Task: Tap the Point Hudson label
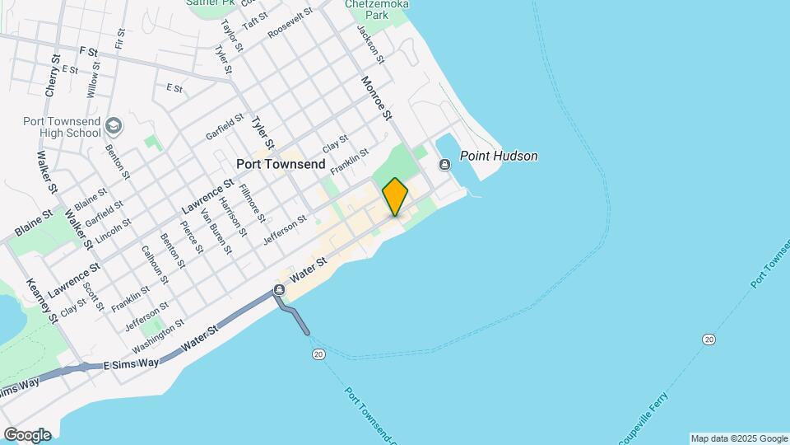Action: (499, 156)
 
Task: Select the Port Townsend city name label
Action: (281, 164)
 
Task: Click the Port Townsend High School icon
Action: (114, 126)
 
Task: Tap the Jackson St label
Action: (370, 43)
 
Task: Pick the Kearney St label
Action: (40, 300)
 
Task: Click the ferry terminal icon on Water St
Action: (280, 290)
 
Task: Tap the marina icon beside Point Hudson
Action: (445, 165)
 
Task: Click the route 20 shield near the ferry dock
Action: (319, 354)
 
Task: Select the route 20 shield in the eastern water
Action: (709, 340)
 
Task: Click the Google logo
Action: (27, 434)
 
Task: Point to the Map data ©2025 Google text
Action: (738, 438)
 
